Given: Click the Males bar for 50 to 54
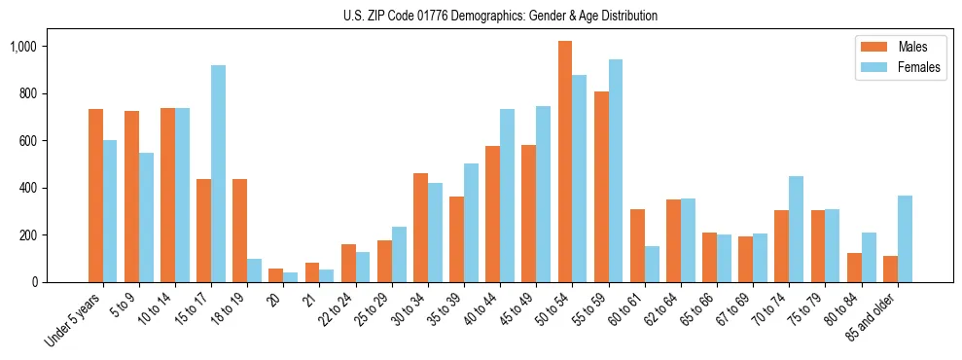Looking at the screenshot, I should pyautogui.click(x=565, y=162).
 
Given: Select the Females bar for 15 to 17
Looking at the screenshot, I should pyautogui.click(x=219, y=174).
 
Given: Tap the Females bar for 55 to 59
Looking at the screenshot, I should pyautogui.click(x=616, y=171).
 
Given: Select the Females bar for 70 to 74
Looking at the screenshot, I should pyautogui.click(x=797, y=230).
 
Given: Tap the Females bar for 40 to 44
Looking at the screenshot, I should pyautogui.click(x=508, y=196).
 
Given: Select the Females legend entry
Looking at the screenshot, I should pyautogui.click(x=891, y=69).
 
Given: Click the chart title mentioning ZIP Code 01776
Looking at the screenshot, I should pyautogui.click(x=500, y=16).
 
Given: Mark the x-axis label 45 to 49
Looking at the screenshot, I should pyautogui.click(x=513, y=310).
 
